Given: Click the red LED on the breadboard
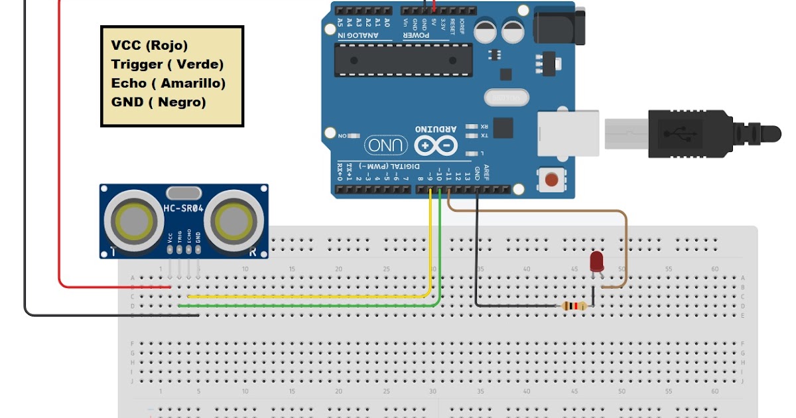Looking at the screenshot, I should point(596,261).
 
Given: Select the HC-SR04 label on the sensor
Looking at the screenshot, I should point(184,210).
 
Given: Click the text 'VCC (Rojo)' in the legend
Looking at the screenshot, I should point(150,45).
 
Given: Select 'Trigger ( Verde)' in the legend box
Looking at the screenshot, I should point(167,64).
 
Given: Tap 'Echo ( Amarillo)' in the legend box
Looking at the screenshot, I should point(168,84).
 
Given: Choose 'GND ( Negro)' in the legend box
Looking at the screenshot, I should point(159,102).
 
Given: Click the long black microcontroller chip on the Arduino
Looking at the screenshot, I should point(403,59).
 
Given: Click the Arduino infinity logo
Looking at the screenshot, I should point(436,144).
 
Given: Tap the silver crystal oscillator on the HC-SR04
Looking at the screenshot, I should point(184,193).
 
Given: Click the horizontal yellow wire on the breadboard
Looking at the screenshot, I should point(305,297).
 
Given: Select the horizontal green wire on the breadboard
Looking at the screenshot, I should point(305,306).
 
